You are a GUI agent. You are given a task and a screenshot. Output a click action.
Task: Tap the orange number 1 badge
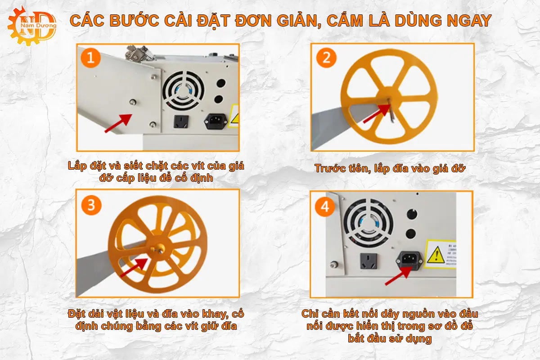tap(91, 58)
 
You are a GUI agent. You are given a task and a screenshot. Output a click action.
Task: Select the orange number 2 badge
tap(327, 58)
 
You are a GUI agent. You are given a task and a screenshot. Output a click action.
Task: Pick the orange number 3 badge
tap(91, 205)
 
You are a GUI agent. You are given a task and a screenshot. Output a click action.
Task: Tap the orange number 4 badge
tap(326, 207)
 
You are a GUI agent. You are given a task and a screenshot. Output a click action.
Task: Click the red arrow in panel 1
tap(118, 123)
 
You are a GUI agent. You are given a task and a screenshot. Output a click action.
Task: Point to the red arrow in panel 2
tap(376, 113)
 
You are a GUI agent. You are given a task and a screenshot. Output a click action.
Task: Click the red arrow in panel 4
tap(399, 275)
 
